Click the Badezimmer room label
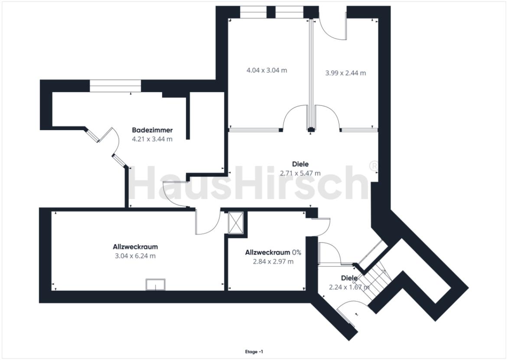tap(152, 130)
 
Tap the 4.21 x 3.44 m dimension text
tap(152, 139)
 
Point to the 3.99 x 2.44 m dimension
tap(345, 73)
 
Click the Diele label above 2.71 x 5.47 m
tap(300, 164)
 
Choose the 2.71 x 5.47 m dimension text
tap(300, 173)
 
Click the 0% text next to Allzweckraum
tap(296, 252)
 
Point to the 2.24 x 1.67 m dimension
tap(349, 287)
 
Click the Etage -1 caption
tap(254, 352)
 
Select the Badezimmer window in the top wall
tap(115, 86)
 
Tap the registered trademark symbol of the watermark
tap(373, 166)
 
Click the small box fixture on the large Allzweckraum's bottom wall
tap(156, 285)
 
